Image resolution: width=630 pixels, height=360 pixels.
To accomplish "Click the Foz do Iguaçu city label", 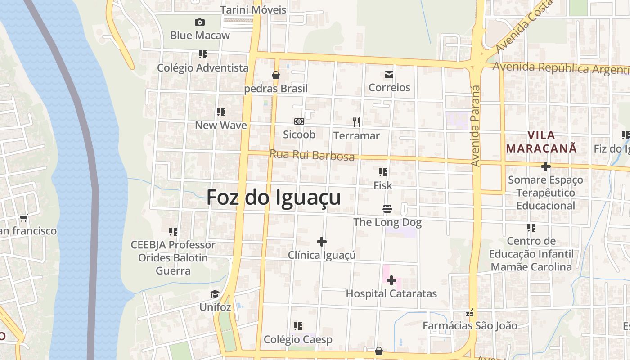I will coord(274,197).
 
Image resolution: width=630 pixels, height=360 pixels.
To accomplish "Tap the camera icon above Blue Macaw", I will coord(200,22).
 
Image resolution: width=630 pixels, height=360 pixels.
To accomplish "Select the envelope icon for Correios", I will coord(389,74).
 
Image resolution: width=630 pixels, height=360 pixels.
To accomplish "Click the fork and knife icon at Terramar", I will coord(356,122).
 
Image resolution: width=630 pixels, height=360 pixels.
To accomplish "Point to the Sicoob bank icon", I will coord(299,121).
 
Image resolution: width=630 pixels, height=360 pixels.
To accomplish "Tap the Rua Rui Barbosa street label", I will coord(312,155).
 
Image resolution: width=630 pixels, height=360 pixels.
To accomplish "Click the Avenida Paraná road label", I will coord(475,126).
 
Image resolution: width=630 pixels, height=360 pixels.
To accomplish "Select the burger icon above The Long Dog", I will coord(387,208).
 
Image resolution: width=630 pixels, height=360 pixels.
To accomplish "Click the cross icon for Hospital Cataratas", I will coord(391,281).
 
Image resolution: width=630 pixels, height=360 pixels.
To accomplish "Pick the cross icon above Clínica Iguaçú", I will coord(322,242).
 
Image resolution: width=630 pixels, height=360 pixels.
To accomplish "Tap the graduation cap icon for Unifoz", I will coord(215,294).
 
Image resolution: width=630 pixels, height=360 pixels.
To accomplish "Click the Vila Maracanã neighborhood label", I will coord(541,142).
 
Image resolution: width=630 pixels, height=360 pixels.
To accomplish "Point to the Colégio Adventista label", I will coord(202,68).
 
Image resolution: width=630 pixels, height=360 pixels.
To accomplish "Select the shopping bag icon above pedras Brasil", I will coord(276,75).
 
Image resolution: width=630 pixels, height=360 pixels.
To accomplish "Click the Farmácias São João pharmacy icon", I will coord(470,313).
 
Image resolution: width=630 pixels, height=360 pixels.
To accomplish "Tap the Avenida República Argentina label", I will coord(561,68).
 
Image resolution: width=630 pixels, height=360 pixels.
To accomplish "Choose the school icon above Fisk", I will coord(383,172).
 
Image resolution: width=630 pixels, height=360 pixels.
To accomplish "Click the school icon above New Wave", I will coord(220,112).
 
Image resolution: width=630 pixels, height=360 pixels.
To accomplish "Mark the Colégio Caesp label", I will coord(298,339).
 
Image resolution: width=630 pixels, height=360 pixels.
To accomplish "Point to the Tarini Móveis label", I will coord(253,9).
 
